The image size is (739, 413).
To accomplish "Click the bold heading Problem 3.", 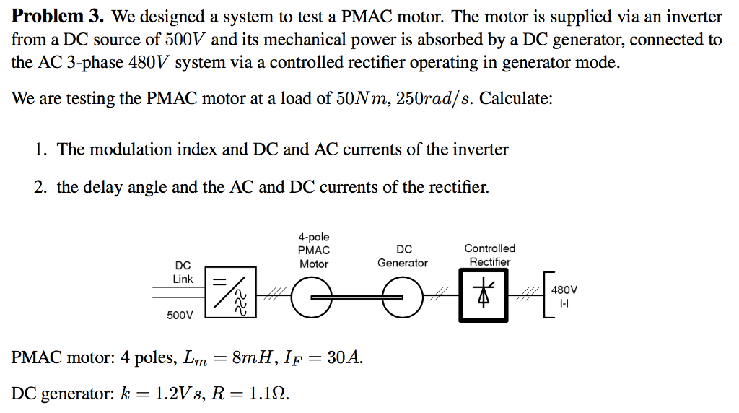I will pos(58,16).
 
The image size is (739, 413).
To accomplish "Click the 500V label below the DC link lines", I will pos(180,316).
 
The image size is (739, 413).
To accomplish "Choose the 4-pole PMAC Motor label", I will pos(314,250).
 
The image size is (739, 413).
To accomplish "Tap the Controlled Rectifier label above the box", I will pos(489,255).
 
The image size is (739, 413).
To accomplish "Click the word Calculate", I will pos(516,98).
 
